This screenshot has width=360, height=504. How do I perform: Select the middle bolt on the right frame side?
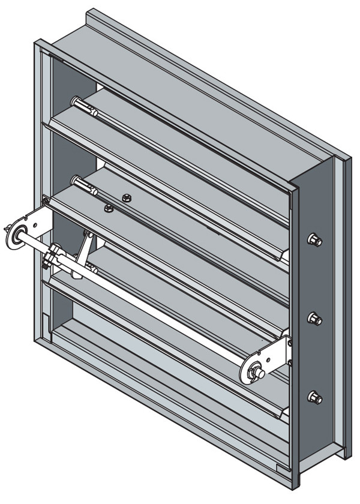click(314, 318)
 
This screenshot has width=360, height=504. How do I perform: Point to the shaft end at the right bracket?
click(259, 373)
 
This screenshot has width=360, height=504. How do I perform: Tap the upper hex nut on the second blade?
click(126, 197)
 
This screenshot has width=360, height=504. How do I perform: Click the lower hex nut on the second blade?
click(109, 209)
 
